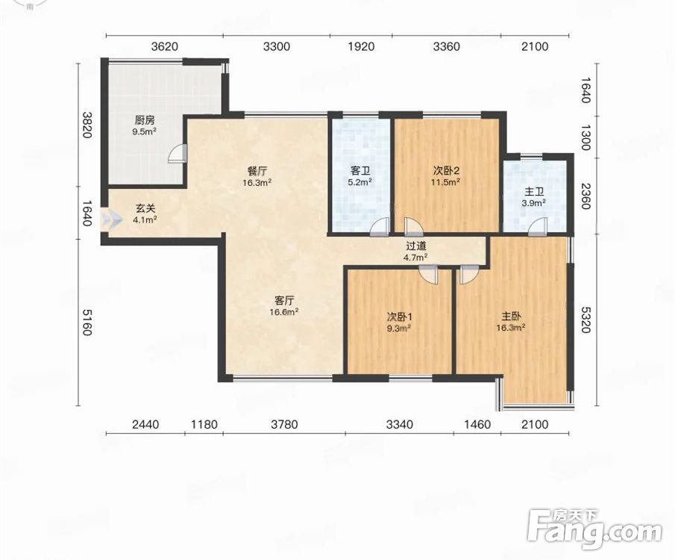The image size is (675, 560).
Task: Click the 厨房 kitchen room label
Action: (144, 120)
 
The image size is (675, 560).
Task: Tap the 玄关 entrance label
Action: (145, 208)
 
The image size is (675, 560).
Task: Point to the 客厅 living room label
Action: (284, 300)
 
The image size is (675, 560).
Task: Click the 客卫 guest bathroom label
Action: (360, 171)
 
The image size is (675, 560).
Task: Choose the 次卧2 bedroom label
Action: (446, 171)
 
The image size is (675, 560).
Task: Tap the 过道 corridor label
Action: (416, 246)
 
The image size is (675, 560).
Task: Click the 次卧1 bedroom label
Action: (400, 317)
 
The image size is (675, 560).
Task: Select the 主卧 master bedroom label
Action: (511, 317)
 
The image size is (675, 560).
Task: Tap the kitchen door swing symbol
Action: (177, 152)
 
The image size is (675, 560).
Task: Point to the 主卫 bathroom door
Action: (537, 227)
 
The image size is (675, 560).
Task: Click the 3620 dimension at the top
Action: (164, 46)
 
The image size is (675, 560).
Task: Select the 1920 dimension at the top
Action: (361, 46)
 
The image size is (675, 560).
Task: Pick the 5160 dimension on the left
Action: (87, 322)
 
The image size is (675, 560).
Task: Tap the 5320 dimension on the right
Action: (585, 320)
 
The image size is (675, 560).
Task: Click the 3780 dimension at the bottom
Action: (284, 425)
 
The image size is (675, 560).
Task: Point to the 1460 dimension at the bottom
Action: (477, 425)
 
